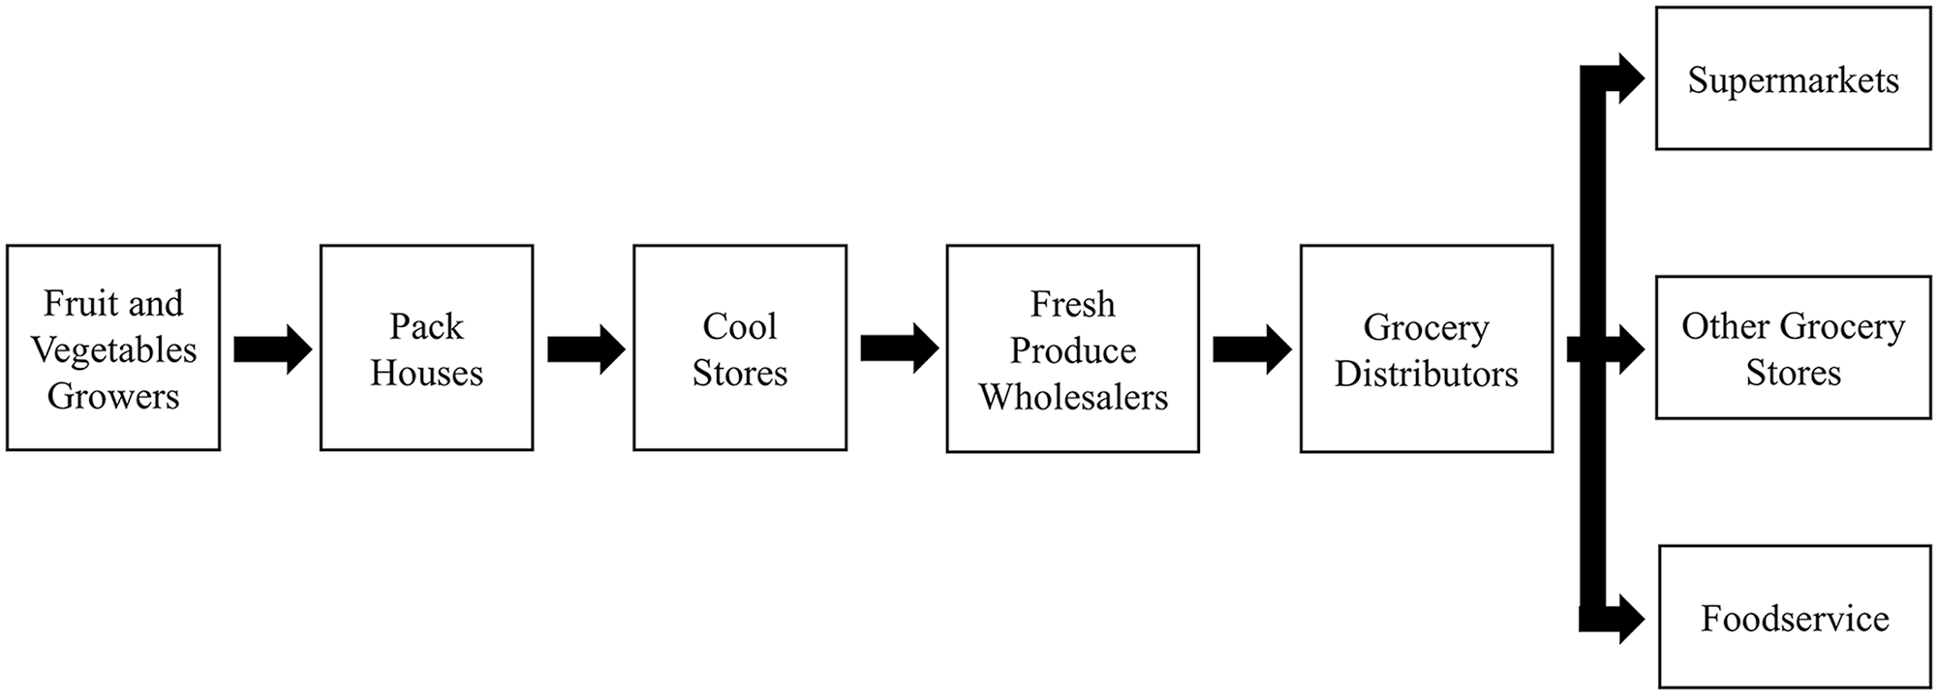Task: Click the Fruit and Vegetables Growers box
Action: pos(113,347)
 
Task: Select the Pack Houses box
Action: pos(426,347)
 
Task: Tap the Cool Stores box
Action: pos(740,347)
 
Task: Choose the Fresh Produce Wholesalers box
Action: pos(1073,348)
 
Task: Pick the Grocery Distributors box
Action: pos(1427,348)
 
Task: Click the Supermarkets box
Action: pos(1794,78)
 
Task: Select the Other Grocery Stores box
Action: pos(1794,347)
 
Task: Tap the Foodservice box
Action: pos(1796,617)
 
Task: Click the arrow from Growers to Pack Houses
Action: pos(273,348)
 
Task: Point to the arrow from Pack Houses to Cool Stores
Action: pos(586,348)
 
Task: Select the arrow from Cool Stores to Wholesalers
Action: pos(900,348)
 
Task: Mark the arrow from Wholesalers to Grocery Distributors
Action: pos(1252,348)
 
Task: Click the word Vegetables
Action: pos(114,350)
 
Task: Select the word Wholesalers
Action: pos(1073,397)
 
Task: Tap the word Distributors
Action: pos(1427,374)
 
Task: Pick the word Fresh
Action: pos(1073,304)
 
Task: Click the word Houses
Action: pos(426,373)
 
